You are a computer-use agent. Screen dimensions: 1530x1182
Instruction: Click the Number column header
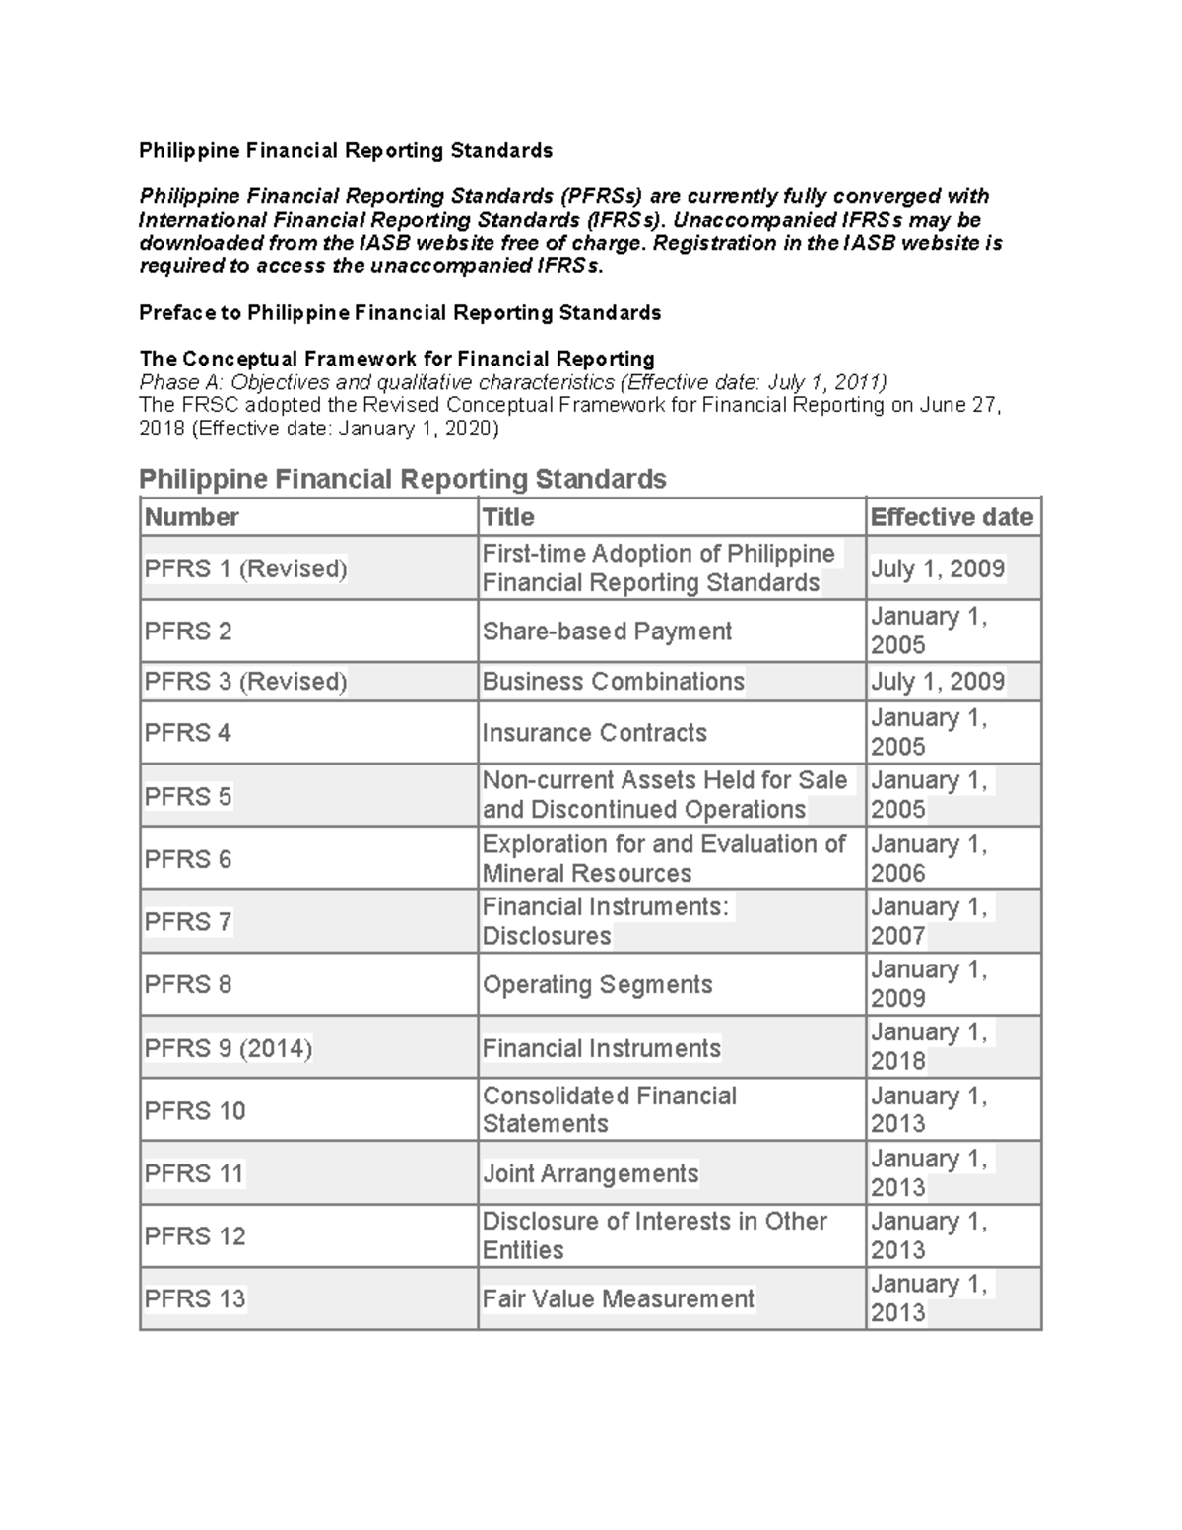tap(192, 517)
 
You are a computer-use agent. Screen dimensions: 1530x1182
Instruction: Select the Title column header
tap(508, 517)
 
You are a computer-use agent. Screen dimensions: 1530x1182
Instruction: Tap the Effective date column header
tap(952, 517)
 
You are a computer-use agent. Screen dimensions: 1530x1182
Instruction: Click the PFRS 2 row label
tap(188, 632)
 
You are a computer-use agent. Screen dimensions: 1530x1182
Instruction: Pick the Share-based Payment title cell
tap(607, 632)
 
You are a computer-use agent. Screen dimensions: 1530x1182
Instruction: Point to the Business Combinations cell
tap(613, 682)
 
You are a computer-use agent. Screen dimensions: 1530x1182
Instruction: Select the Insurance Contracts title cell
tap(594, 733)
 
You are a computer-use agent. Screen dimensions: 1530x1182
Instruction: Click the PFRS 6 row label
tap(188, 859)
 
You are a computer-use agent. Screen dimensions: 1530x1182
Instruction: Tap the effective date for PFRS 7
tap(928, 921)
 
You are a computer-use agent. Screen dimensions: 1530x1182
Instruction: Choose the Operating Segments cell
tap(597, 984)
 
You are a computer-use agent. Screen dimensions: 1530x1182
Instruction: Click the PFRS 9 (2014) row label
tap(228, 1048)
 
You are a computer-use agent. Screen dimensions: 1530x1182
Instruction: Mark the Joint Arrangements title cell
tap(590, 1173)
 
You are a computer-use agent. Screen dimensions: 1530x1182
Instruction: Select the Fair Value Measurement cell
tap(618, 1298)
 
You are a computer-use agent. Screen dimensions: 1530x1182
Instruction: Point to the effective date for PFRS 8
tap(928, 984)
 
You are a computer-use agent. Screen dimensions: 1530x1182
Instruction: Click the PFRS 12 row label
tap(194, 1235)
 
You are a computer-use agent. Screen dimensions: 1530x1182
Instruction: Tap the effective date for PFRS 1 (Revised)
tap(937, 568)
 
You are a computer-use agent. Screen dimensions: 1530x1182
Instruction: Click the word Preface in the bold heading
tap(176, 313)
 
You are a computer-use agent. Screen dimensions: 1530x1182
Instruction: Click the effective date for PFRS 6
tap(928, 859)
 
